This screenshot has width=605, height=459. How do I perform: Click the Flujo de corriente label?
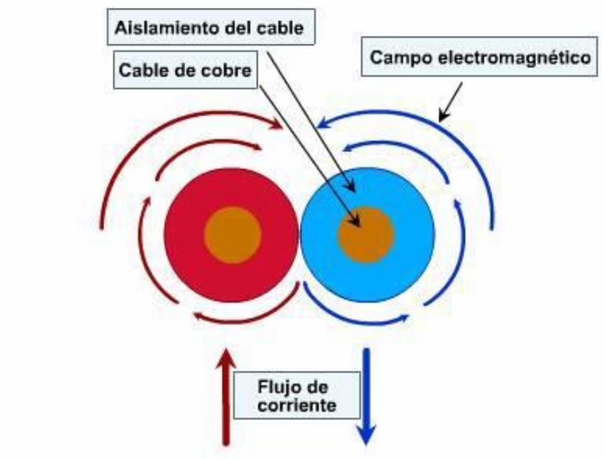tap(296, 396)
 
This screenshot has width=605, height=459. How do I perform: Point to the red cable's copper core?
tap(232, 235)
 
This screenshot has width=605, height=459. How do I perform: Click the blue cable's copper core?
tap(366, 235)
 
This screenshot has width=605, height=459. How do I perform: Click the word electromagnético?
tap(524, 57)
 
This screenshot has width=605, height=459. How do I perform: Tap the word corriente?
tap(296, 405)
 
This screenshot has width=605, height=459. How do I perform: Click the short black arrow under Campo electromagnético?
tap(451, 100)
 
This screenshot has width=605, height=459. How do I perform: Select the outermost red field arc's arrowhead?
tap(276, 126)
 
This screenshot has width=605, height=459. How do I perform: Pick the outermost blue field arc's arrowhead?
tap(325, 124)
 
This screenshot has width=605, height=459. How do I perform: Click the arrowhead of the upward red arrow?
tap(227, 356)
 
